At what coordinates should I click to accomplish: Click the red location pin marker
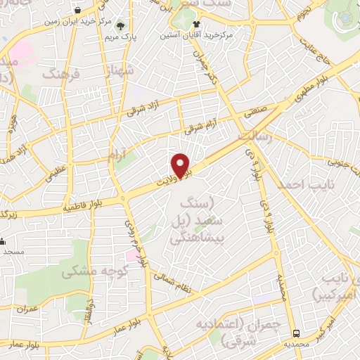[181, 165]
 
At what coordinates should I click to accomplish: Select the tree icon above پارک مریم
[127, 23]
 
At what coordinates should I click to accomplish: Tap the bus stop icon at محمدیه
[297, 333]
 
